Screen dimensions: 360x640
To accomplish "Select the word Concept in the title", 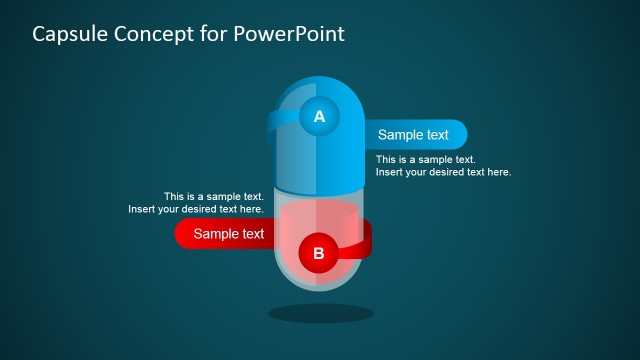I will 154,34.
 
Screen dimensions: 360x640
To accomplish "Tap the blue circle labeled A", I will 319,117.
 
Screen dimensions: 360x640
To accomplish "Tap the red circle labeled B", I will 319,253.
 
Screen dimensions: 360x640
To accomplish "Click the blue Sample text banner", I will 415,135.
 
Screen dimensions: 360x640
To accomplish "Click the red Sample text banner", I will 226,234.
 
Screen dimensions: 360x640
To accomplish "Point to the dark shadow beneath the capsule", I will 320,313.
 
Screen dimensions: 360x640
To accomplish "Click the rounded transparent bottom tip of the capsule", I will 320,285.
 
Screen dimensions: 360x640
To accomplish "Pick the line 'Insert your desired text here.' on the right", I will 443,172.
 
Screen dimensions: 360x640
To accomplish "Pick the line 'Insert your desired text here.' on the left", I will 196,209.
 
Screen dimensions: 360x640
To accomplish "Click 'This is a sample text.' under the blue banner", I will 425,159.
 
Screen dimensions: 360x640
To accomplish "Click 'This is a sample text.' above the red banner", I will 214,196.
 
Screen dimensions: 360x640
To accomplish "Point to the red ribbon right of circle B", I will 359,243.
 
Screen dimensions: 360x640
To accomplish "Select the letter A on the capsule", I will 319,117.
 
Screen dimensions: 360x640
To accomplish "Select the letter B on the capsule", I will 319,253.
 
